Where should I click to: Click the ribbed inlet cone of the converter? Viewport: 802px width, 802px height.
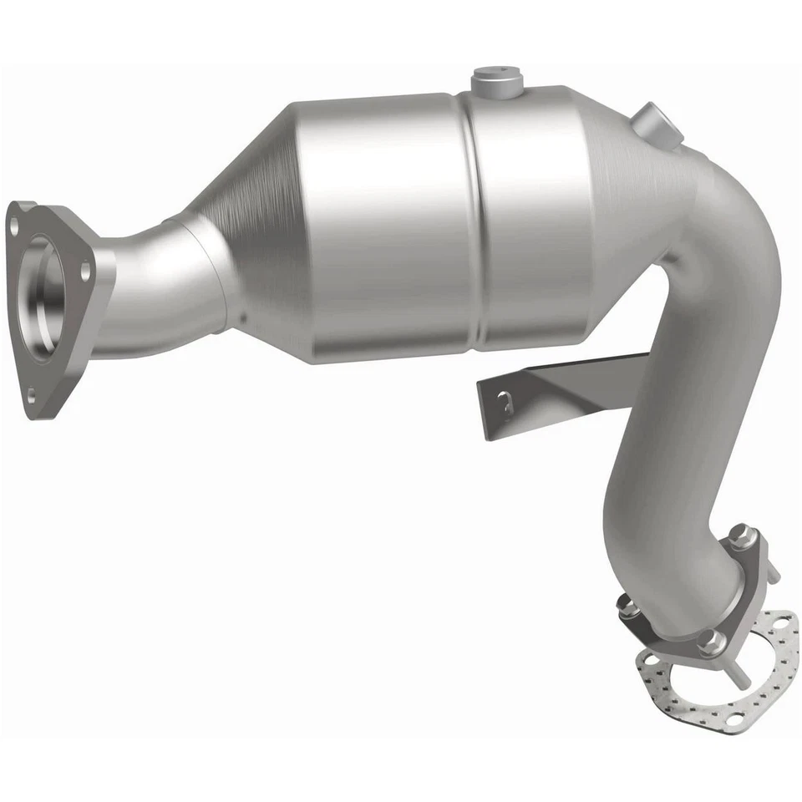pyautogui.click(x=251, y=192)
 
